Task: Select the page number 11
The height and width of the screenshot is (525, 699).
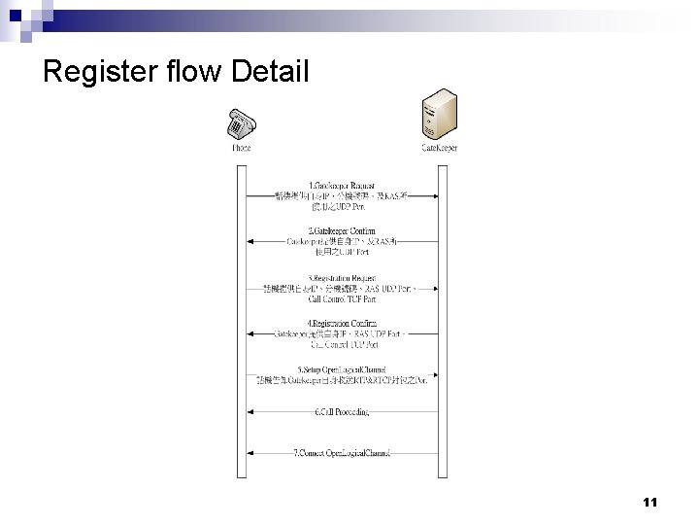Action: (649, 503)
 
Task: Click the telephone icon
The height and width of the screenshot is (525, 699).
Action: (241, 124)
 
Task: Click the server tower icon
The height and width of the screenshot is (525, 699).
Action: (439, 116)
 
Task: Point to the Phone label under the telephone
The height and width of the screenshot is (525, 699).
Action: (241, 149)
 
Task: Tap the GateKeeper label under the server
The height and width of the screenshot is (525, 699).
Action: (439, 149)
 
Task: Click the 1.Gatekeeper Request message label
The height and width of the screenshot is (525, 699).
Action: (343, 186)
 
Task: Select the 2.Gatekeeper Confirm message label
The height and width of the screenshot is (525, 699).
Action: (343, 230)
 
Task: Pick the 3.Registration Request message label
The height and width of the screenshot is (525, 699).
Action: (343, 278)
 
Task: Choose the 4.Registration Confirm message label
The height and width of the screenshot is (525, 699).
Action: (343, 323)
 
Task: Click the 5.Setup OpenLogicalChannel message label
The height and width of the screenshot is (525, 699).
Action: (343, 368)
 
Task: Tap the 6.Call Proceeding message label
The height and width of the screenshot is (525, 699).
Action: (343, 411)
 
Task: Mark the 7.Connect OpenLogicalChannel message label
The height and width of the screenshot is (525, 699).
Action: (343, 453)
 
